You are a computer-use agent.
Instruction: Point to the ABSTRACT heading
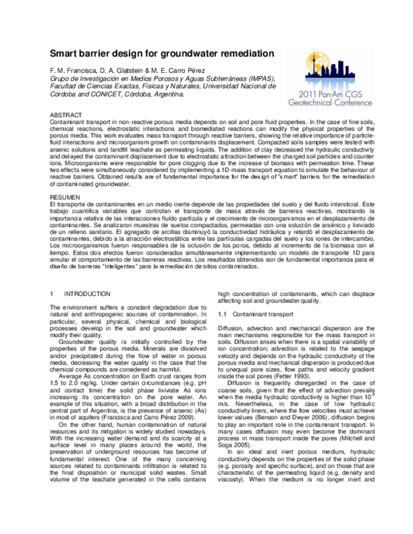point(67,111)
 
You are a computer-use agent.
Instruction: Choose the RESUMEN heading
point(67,197)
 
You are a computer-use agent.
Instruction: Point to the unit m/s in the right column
point(224,409)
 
